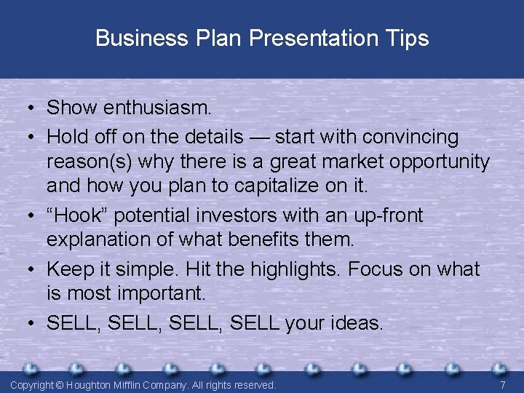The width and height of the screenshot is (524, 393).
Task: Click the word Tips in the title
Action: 407,38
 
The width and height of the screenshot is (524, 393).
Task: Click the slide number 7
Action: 503,384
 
